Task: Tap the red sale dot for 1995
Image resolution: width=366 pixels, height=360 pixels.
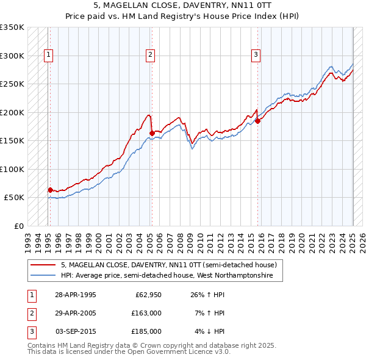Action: pyautogui.click(x=50, y=190)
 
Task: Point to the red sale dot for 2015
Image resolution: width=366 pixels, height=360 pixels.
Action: pyautogui.click(x=257, y=121)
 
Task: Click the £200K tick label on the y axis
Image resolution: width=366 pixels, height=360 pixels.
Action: pyautogui.click(x=12, y=112)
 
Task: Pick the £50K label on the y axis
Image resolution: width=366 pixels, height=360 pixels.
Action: pyautogui.click(x=14, y=198)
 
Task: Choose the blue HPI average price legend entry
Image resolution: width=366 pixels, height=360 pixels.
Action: pyautogui.click(x=171, y=276)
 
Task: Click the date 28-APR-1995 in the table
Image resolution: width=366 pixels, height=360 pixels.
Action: pyautogui.click(x=76, y=295)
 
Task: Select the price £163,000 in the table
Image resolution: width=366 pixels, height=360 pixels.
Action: pyautogui.click(x=146, y=313)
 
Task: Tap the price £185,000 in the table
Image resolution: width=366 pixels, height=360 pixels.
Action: pyautogui.click(x=146, y=331)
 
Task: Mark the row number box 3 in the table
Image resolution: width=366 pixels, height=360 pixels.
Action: pyautogui.click(x=30, y=331)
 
